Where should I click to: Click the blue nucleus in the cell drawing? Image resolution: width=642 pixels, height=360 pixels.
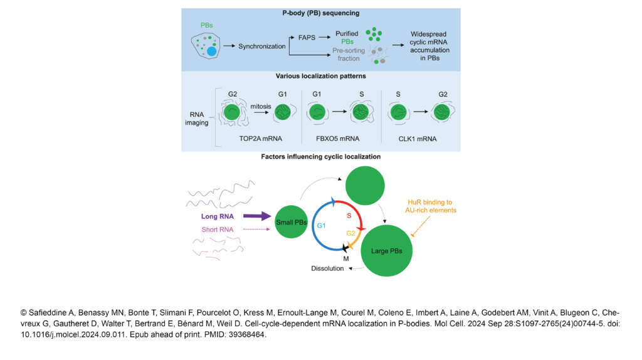(212, 51)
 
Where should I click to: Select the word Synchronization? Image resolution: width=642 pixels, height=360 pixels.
(262, 46)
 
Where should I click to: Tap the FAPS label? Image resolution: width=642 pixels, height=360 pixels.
(307, 38)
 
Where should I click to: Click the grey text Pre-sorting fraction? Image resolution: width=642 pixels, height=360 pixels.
(349, 55)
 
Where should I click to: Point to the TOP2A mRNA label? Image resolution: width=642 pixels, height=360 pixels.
(260, 139)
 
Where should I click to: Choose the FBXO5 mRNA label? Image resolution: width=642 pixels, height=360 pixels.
(337, 139)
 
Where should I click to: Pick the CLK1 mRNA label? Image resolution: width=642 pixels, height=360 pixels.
(417, 139)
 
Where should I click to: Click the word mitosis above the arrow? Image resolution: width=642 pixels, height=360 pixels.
(261, 106)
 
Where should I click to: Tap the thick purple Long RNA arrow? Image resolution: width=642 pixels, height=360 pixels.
(257, 216)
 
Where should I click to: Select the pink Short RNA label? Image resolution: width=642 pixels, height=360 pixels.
(218, 230)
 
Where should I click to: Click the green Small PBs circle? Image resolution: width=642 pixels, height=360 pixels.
(291, 221)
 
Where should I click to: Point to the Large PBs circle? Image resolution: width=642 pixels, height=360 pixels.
(386, 251)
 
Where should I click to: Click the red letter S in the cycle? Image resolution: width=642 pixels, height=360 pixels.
(349, 215)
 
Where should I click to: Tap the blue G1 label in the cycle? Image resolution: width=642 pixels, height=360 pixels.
(322, 226)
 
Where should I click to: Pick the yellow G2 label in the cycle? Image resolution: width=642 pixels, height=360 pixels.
(351, 233)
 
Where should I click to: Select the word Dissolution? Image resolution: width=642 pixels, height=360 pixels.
(327, 268)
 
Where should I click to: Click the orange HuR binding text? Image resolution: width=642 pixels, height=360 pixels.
(431, 206)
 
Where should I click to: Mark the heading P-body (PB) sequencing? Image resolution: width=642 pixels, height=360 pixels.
(321, 13)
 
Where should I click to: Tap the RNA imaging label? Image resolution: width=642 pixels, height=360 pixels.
(196, 119)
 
